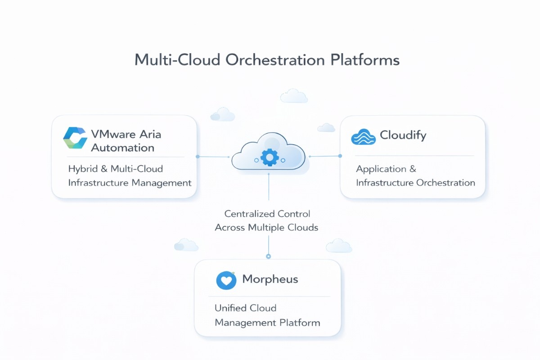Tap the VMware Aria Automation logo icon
pos(75,138)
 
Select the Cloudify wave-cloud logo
pos(363,136)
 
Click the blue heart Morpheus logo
pos(226,280)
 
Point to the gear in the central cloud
pos(270,157)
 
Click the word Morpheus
pos(270,279)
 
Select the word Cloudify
pos(403,135)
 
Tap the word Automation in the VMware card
pos(122,148)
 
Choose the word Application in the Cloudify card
pos(381,169)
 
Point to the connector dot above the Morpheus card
pos(269,256)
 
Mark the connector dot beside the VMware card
pos(198,157)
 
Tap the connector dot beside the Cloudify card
pos(340,156)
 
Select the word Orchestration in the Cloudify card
pos(445,183)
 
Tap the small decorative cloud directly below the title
pos(294,96)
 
